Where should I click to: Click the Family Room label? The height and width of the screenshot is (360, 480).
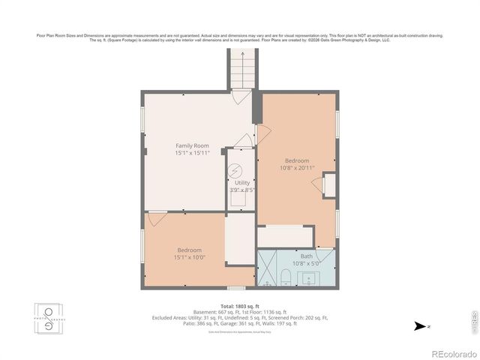pos(192,145)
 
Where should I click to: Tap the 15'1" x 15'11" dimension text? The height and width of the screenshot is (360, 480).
pos(192,153)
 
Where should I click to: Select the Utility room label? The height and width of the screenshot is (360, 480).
pos(241,182)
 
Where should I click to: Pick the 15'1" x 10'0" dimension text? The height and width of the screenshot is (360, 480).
pos(189,257)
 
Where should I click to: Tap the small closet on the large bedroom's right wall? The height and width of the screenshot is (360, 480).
pos(328,184)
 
